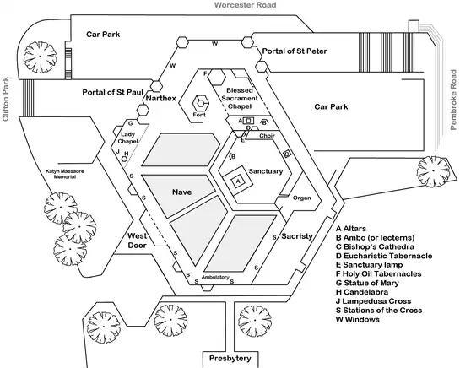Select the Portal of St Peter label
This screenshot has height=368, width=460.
[x=294, y=52]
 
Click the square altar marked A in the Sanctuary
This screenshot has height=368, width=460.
[x=239, y=180]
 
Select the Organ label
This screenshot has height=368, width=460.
[x=301, y=198]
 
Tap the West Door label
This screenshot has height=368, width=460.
[x=138, y=240]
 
